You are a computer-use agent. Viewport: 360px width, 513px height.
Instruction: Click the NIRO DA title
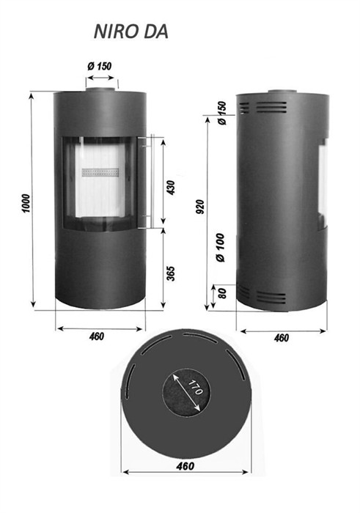[131, 32]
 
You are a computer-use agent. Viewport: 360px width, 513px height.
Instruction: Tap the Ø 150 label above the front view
[100, 67]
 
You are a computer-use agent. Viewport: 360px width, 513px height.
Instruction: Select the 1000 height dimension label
[26, 204]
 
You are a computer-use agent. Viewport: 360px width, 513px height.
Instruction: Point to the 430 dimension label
[171, 188]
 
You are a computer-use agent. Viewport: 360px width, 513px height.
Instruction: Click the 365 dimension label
[171, 274]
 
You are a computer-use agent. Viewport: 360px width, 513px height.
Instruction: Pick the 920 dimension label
[200, 207]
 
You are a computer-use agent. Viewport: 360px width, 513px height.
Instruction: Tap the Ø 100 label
[221, 248]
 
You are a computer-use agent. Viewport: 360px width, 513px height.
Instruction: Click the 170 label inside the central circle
[195, 388]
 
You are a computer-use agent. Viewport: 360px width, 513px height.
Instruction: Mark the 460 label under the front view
[97, 336]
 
